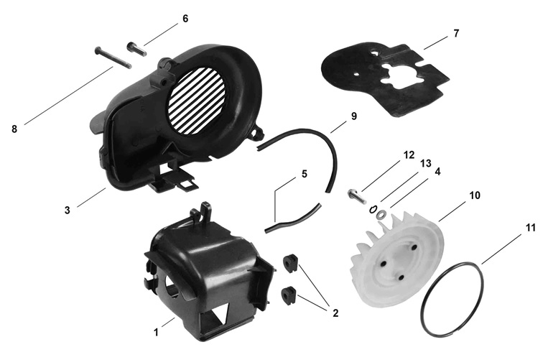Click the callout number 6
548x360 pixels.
[x=185, y=19]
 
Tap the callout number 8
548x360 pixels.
[x=14, y=129]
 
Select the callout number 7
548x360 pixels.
[x=456, y=34]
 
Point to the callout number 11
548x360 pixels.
[x=531, y=228]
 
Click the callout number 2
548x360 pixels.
[x=335, y=313]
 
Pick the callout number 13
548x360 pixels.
[x=426, y=163]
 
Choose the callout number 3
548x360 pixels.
[x=67, y=210]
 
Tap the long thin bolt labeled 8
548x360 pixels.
[x=113, y=57]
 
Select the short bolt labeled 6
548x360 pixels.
[x=136, y=48]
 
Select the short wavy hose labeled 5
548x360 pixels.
[x=293, y=219]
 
